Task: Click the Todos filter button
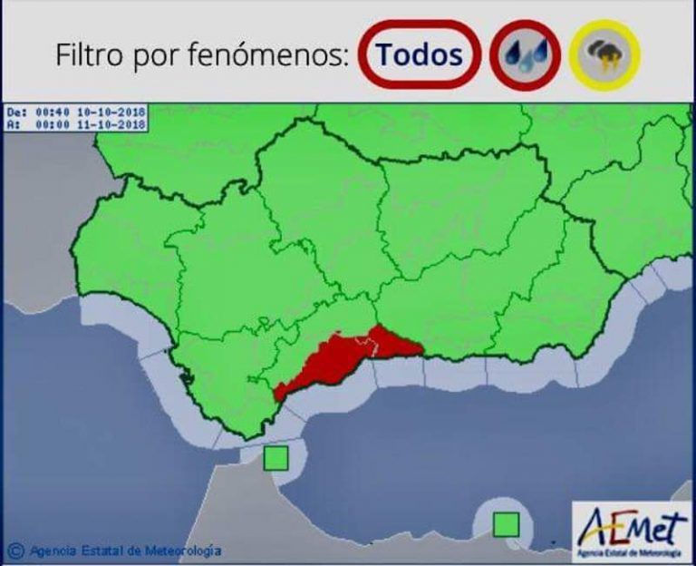419,55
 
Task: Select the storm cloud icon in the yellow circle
605,56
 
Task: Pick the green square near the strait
275,459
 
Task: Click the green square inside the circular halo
506,524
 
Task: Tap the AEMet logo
632,528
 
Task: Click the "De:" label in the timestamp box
15,112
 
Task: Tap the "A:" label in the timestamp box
13,122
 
